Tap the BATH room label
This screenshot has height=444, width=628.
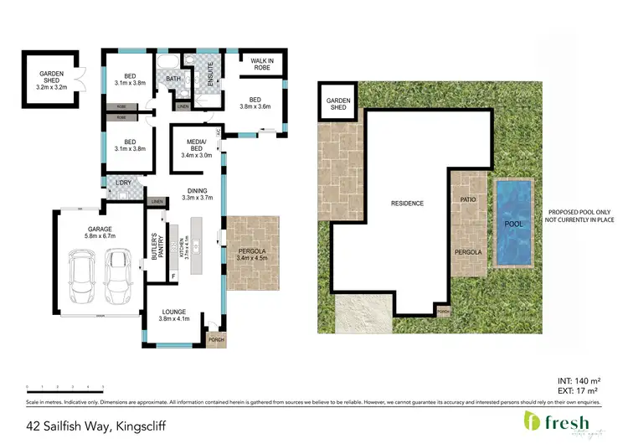pos(173,80)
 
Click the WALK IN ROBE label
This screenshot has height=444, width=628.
pos(263,64)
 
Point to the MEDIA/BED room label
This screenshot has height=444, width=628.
pos(198,147)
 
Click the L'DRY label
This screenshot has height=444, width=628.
pos(122,183)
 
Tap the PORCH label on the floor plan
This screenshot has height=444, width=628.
pos(215,340)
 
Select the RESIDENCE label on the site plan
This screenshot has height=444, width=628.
pos(407,204)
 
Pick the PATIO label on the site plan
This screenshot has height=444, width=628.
pos(468,199)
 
